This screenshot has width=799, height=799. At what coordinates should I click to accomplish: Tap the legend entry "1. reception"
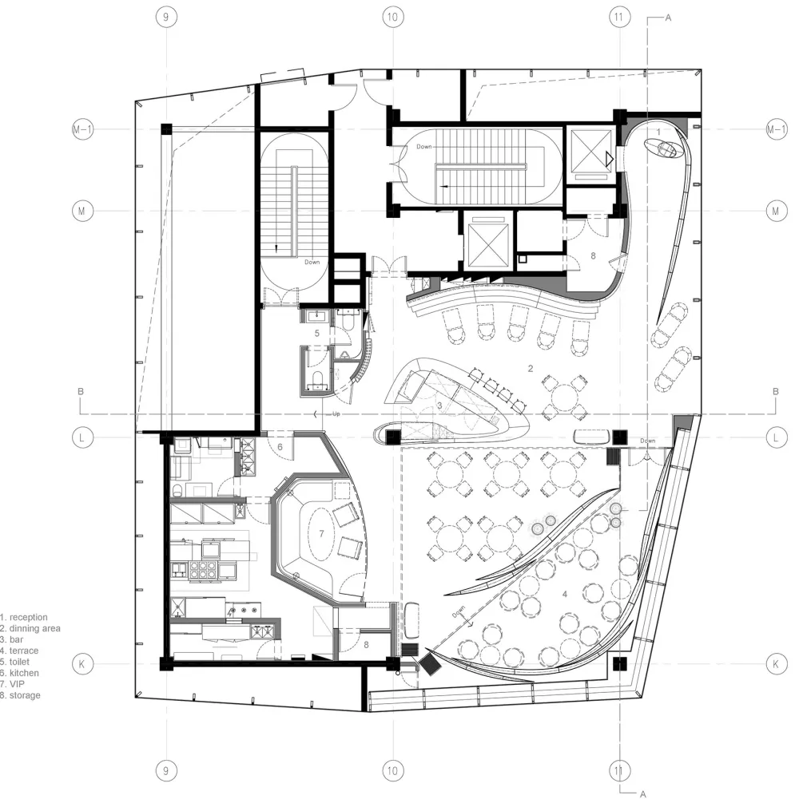coord(24,618)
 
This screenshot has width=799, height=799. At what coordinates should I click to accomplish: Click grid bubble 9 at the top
coord(165,18)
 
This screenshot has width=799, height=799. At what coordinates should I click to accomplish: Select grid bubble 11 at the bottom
coord(616,771)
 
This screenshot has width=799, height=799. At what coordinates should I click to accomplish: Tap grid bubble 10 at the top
coord(391,18)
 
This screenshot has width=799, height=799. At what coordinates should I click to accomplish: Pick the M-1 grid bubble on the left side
coord(82,129)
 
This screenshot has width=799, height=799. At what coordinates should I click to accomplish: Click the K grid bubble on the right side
coord(776,663)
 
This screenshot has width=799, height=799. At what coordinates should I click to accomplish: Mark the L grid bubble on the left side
coord(82,437)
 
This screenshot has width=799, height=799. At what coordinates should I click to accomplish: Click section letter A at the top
coord(668,18)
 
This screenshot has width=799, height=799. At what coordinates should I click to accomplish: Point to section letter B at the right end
coord(775,391)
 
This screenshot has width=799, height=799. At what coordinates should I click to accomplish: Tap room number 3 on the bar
coord(440,406)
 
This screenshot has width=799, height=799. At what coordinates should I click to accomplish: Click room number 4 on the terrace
coord(565,594)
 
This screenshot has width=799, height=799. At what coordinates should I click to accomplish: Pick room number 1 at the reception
coord(658,129)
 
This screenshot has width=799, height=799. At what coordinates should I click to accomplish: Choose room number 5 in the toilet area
coord(316,333)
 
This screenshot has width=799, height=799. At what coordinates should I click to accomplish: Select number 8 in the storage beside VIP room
coord(365,643)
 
